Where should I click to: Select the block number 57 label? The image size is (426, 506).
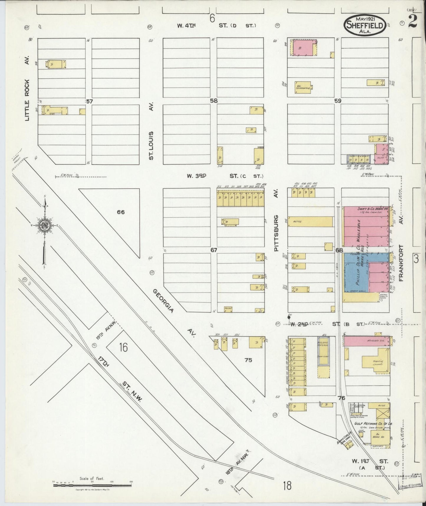[89, 101]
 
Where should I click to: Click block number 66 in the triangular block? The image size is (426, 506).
[121, 212]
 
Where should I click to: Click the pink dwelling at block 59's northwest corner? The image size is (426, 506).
[303, 48]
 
